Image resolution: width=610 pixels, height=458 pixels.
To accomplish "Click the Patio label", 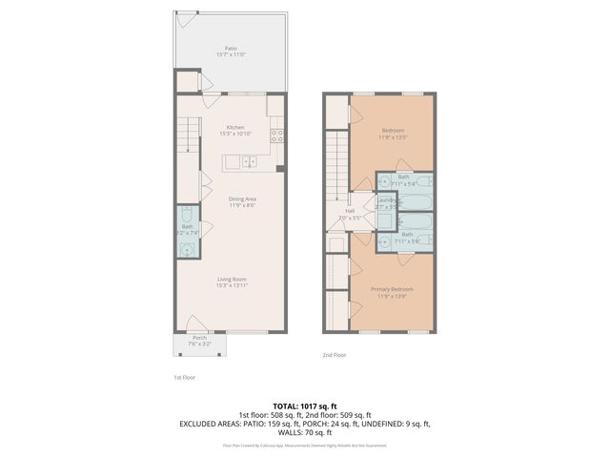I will click(x=231, y=48).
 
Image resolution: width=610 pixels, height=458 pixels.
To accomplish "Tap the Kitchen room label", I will click(x=235, y=127).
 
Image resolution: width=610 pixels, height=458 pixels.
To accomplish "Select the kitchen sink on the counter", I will click(x=250, y=162).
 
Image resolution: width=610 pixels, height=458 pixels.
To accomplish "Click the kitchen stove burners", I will click(x=278, y=135).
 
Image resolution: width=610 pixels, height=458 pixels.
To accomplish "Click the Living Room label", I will click(x=231, y=279).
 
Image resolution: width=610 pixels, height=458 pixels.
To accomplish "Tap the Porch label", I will click(x=199, y=337).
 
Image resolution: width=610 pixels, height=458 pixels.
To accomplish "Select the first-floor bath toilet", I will click(x=187, y=216).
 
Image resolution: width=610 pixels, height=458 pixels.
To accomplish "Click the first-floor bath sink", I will click(x=187, y=250).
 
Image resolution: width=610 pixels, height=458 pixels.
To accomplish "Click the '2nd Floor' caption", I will click(x=334, y=354).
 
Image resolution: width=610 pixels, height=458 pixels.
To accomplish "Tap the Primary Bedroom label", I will click(x=392, y=288).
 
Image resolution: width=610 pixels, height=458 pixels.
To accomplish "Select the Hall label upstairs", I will click(x=350, y=212).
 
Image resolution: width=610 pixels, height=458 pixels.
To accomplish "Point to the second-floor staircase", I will click(x=335, y=162).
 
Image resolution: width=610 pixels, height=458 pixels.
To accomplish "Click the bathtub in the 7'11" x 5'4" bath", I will click(x=417, y=202).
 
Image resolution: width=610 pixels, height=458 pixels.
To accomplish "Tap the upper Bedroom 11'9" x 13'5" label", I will click(x=394, y=131).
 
